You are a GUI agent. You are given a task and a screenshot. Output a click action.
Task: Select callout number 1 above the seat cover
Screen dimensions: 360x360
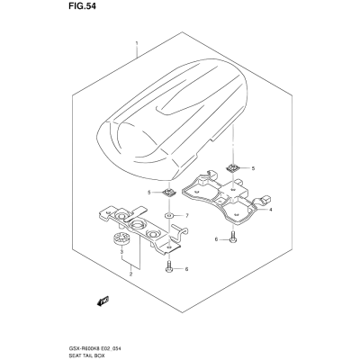137,43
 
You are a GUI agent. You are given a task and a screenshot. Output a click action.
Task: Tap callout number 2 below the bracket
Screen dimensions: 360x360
130,274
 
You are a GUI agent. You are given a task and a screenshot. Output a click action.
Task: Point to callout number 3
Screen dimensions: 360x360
121,251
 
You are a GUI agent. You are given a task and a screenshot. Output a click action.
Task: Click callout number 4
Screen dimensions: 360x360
270,210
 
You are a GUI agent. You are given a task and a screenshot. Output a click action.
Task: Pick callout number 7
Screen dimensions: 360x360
186,216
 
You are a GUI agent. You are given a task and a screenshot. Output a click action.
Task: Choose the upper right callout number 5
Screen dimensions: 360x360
253,168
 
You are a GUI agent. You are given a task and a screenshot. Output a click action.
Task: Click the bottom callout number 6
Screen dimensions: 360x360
186,269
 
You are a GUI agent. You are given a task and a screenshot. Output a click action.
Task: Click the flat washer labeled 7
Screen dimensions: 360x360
169,215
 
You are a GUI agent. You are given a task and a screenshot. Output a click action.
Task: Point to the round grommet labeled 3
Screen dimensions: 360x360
121,238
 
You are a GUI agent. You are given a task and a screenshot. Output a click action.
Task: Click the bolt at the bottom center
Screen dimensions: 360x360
168,266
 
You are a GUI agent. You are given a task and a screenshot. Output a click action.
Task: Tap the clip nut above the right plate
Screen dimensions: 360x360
232,167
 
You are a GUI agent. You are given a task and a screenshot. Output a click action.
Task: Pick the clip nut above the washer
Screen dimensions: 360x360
169,192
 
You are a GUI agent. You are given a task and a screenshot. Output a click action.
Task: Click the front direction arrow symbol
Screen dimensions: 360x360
103,301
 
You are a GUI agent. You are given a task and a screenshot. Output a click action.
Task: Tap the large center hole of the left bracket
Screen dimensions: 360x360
138,223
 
